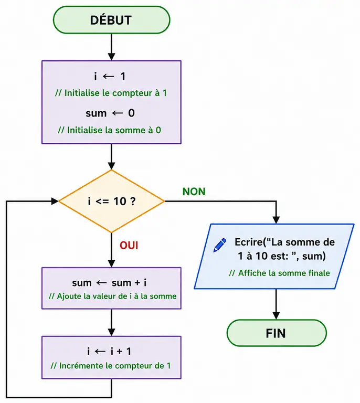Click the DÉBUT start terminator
112,20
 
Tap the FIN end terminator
277,333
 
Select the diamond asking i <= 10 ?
112,201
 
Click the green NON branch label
194,192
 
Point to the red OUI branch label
129,246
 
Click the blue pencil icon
220,245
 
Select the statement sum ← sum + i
109,283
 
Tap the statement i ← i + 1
109,351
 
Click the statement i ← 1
110,76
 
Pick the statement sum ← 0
110,113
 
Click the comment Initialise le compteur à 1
111,93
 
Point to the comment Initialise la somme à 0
110,130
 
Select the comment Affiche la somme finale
279,273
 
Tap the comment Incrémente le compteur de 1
111,366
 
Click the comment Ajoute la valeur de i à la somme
112,296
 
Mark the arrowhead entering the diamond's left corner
55,201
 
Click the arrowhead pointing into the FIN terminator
276,315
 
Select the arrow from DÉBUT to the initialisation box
112,47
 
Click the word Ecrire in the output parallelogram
249,242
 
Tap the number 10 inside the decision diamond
120,201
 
